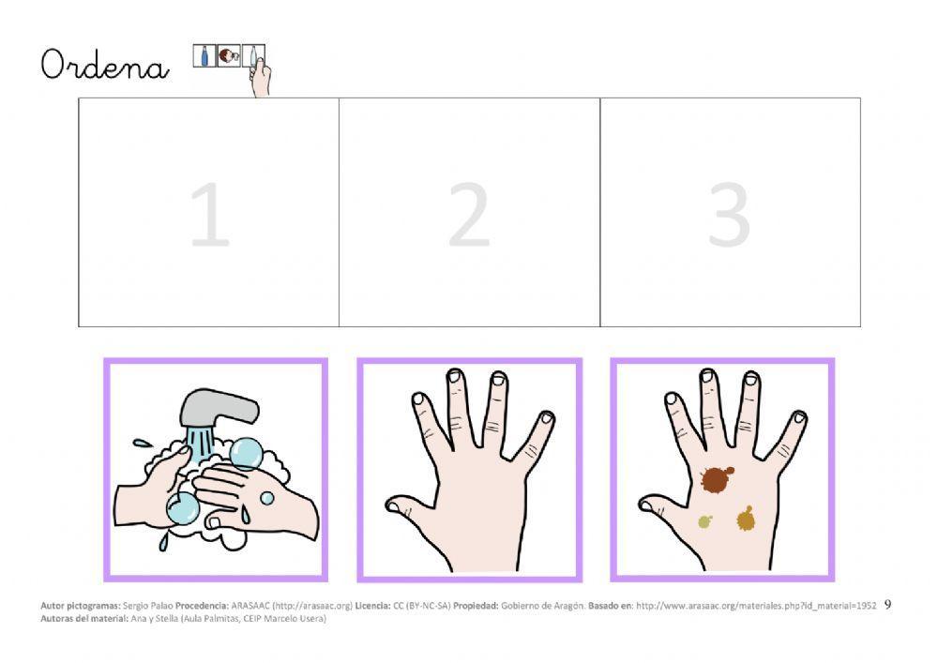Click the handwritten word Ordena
[105, 65]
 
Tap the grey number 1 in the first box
[210, 214]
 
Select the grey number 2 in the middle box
[470, 214]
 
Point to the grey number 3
[729, 214]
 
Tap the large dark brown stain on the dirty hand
[716, 479]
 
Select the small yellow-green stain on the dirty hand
[704, 522]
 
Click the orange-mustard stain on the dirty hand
[746, 519]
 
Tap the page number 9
[887, 605]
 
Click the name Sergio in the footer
[133, 606]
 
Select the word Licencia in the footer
[372, 606]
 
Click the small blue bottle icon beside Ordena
[204, 56]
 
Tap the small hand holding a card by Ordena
[261, 77]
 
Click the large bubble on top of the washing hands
[245, 453]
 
